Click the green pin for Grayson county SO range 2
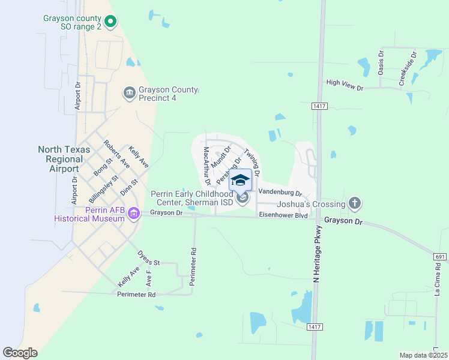(110, 22)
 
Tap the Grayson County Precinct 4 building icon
(129, 93)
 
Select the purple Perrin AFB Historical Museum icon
(133, 213)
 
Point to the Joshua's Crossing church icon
(355, 204)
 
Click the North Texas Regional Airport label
(64, 159)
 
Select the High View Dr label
(345, 85)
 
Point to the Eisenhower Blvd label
(283, 215)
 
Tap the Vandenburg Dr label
(279, 193)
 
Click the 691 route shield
(438, 256)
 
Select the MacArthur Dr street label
(207, 165)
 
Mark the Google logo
(20, 353)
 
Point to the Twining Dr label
(252, 163)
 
